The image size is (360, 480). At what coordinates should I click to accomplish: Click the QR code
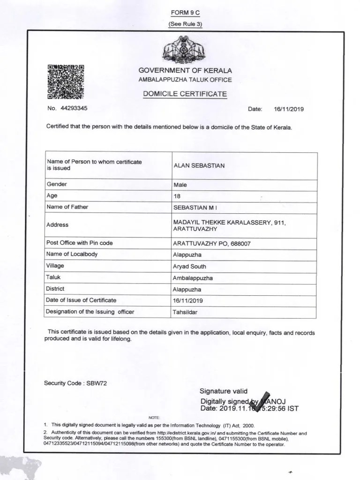[66, 82]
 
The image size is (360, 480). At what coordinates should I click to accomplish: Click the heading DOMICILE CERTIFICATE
[185, 94]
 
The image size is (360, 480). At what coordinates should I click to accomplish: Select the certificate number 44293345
[74, 108]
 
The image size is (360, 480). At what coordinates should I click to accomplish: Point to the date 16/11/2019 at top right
[289, 109]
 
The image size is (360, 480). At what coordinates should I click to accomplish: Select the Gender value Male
[180, 185]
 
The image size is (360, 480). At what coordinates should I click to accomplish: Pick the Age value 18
[177, 196]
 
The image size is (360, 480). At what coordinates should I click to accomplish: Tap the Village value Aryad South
[189, 266]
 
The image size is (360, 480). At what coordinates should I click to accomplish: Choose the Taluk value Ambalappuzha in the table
[193, 277]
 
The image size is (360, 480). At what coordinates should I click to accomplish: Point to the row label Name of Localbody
[72, 255]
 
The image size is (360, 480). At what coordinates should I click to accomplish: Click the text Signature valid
[223, 391]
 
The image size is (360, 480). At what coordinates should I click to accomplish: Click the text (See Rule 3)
[185, 24]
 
